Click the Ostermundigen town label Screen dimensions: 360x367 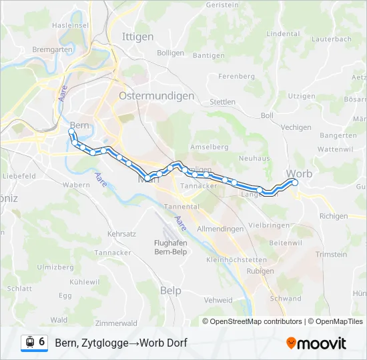point(156,96)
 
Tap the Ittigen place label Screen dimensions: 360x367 point(137,37)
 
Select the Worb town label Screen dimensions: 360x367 point(298,173)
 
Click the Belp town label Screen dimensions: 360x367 point(171,290)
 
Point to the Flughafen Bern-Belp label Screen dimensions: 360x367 point(170,247)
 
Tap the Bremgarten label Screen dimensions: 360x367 point(51,50)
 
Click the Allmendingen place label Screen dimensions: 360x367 point(220,229)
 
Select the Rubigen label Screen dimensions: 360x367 point(260,271)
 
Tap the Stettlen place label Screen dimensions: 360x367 point(222,102)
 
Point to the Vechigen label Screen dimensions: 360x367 point(296,127)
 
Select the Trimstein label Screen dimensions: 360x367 point(331,254)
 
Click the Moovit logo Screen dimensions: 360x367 point(316,343)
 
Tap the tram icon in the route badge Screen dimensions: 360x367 point(29,343)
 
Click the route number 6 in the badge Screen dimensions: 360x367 point(42,342)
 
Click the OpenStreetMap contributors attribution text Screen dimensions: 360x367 point(256,321)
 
